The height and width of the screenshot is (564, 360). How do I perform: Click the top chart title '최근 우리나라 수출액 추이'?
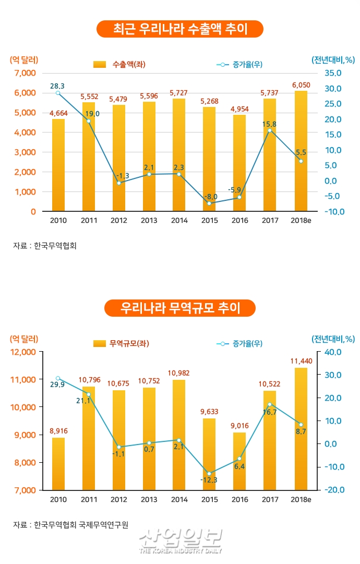[180, 29]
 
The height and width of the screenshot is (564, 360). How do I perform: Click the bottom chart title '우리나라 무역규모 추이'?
[180, 308]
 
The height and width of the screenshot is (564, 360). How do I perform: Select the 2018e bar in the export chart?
[301, 151]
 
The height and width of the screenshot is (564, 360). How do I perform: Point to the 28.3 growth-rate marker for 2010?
[58, 93]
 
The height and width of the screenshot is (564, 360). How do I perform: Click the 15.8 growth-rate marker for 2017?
[270, 130]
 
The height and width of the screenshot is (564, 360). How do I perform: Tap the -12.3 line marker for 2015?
[210, 474]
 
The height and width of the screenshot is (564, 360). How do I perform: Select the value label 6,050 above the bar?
[301, 85]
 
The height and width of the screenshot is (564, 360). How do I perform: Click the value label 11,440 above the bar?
[301, 361]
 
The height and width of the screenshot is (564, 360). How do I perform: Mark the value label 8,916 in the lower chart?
[58, 430]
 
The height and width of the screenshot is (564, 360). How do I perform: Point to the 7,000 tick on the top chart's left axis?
[25, 73]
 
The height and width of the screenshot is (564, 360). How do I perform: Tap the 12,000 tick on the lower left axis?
[23, 352]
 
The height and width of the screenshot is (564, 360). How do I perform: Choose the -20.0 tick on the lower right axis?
[331, 490]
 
